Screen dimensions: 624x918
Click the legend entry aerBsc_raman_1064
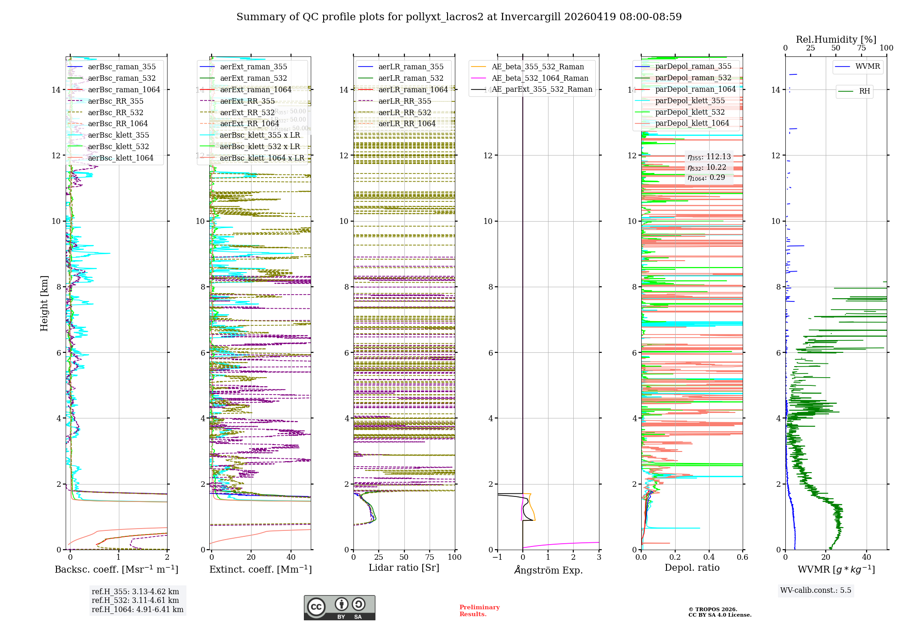(x=124, y=90)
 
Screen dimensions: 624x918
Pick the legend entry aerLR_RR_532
(x=404, y=112)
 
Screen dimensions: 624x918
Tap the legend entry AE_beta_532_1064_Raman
(x=540, y=78)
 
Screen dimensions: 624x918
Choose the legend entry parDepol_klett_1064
(x=692, y=123)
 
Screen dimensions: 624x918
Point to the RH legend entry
(x=864, y=91)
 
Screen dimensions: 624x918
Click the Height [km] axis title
(x=44, y=303)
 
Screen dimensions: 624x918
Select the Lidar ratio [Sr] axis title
(x=404, y=568)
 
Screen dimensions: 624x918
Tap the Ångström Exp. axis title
(x=548, y=570)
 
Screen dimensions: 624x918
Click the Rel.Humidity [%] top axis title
(x=836, y=39)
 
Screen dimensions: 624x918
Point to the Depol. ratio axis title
(x=692, y=568)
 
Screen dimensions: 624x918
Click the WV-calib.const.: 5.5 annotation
(x=816, y=591)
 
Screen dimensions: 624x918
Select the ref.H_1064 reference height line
(x=137, y=610)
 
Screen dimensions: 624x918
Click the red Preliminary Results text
(x=479, y=611)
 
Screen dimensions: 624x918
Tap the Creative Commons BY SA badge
(x=339, y=608)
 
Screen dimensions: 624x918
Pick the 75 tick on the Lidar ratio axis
(x=430, y=557)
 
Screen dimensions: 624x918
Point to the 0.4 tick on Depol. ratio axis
(x=709, y=557)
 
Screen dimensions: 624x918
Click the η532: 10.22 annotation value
(x=707, y=167)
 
